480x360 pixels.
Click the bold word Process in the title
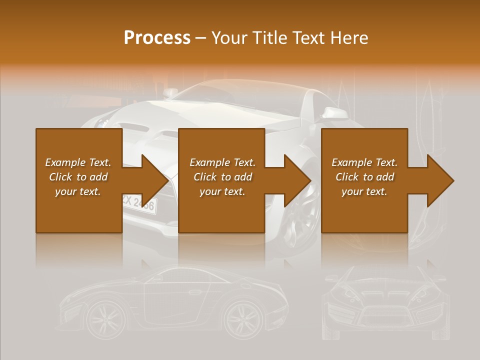click(157, 38)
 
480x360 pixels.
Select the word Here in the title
click(349, 38)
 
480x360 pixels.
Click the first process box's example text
click(78, 177)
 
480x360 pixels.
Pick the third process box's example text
click(364, 177)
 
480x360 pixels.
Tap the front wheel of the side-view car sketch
click(105, 318)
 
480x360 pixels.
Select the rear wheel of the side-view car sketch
click(244, 318)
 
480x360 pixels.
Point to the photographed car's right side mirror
click(331, 112)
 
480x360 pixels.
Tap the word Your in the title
click(230, 38)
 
